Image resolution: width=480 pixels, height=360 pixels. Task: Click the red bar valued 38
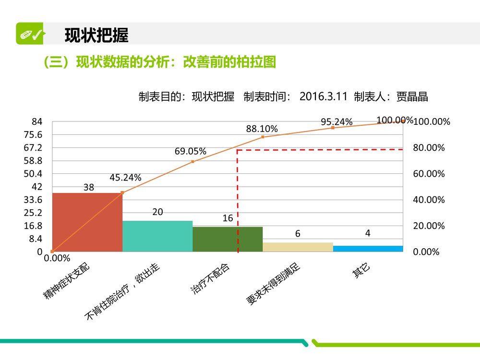click(87, 222)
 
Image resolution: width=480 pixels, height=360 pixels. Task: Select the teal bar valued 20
click(157, 236)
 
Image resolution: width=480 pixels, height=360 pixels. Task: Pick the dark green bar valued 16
click(228, 239)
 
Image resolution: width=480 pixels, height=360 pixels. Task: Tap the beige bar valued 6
click(298, 247)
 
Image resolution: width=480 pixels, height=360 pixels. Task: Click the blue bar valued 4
click(368, 249)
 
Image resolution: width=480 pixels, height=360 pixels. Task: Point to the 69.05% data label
click(190, 152)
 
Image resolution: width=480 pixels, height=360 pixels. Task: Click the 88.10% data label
click(262, 129)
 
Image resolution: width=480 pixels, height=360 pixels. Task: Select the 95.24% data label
click(336, 122)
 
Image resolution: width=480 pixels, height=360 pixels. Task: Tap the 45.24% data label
click(125, 178)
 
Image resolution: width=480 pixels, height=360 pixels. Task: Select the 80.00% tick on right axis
click(429, 148)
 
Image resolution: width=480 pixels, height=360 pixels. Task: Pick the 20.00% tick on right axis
click(429, 226)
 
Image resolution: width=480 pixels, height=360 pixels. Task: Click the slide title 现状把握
click(96, 35)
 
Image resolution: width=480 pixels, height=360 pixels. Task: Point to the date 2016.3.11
click(323, 96)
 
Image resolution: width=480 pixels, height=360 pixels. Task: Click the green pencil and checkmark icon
click(30, 34)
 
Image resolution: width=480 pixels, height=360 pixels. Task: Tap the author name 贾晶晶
click(412, 96)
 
